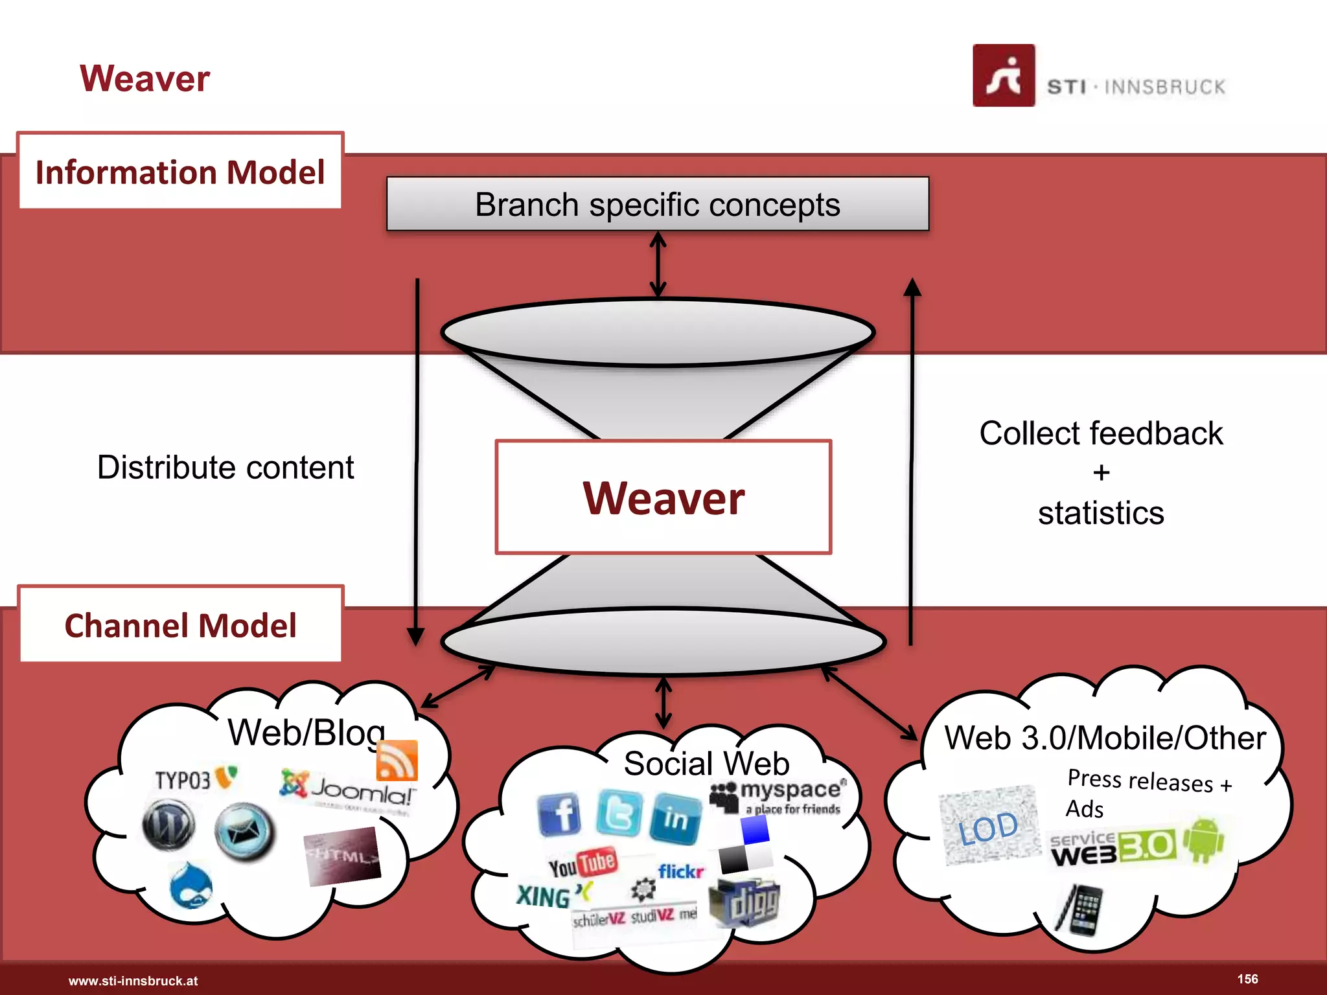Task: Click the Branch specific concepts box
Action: (x=657, y=204)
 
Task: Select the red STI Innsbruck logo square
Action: (x=1003, y=75)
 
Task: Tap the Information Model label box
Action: (x=180, y=172)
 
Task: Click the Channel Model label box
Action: (x=180, y=625)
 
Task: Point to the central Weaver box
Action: (x=663, y=497)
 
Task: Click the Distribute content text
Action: (x=225, y=467)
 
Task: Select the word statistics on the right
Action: (x=1100, y=513)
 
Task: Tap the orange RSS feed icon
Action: (x=397, y=760)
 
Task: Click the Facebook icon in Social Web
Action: (x=559, y=814)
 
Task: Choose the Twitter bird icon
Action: (x=619, y=812)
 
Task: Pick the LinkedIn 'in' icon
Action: (x=675, y=818)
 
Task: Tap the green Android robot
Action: (x=1203, y=839)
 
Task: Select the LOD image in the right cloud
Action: (x=989, y=827)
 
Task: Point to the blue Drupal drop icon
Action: (x=191, y=886)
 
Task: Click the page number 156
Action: (x=1247, y=979)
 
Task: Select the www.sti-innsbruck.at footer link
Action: (x=133, y=981)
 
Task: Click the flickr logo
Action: (x=680, y=871)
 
